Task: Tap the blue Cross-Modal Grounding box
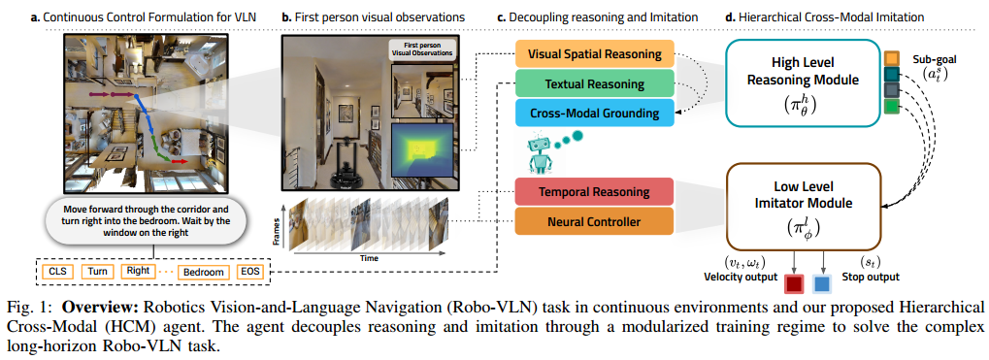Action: coord(594,114)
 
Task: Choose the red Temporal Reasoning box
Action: coord(594,192)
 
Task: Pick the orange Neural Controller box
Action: coord(594,223)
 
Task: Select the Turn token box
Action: coord(98,272)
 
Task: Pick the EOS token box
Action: coord(250,272)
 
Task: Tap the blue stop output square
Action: coord(822,285)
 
